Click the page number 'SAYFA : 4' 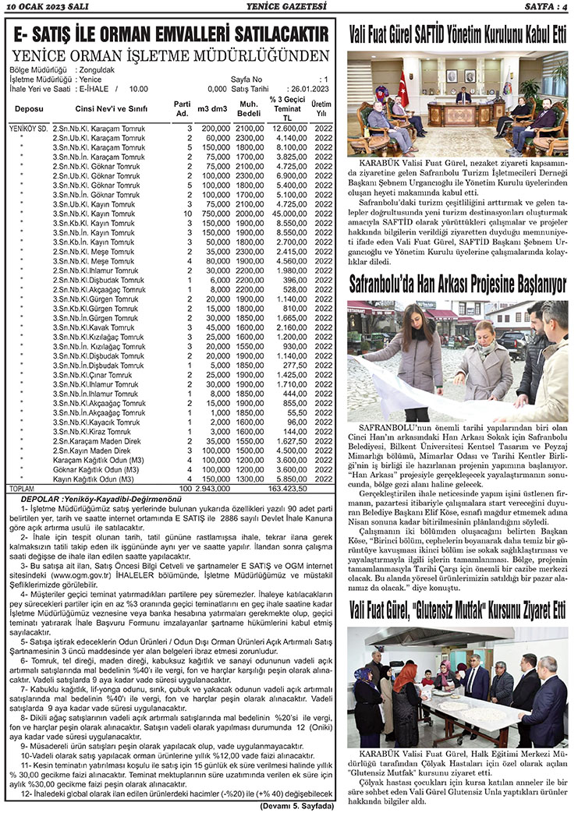545,7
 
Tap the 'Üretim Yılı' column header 321,108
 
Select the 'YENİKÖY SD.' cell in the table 28,127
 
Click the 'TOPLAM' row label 21,488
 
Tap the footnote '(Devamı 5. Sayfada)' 296,806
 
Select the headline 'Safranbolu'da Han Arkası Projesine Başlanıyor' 458,285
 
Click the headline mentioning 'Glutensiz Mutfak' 458,610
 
